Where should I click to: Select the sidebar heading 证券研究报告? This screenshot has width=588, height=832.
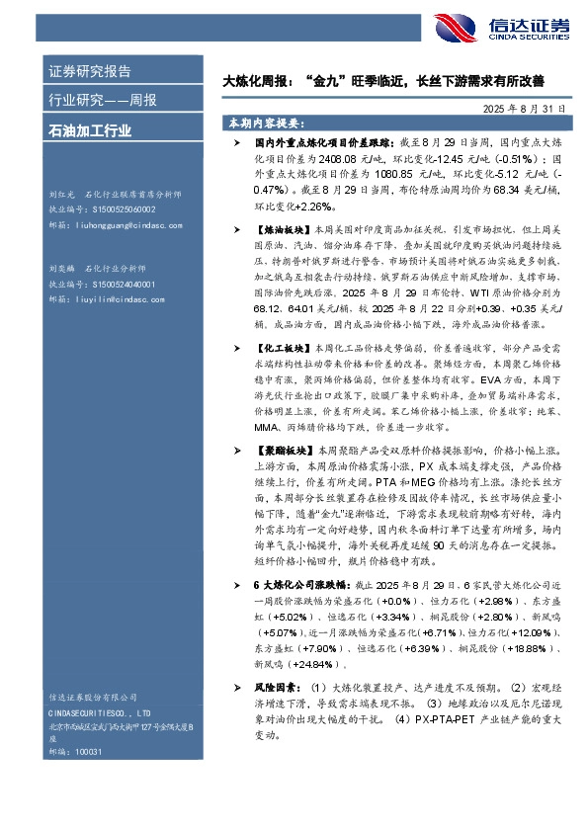90,71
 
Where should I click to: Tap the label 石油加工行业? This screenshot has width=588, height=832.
90,128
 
